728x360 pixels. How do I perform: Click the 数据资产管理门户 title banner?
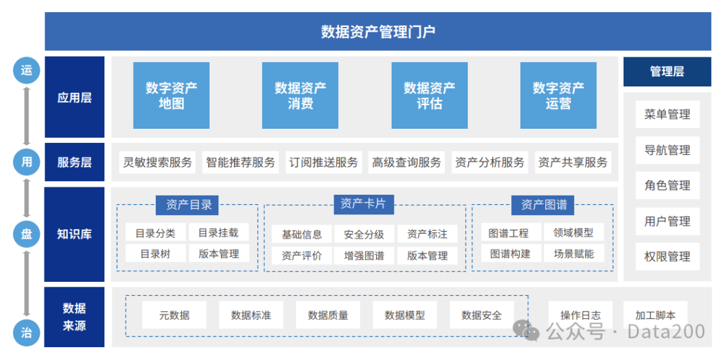coord(377,32)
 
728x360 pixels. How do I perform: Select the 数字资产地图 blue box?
coord(171,96)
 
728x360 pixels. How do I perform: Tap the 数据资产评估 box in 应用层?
coord(429,96)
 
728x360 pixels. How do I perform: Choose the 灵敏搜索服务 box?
coord(157,162)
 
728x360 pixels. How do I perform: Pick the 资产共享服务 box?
coord(572,162)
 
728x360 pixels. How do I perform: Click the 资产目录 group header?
coord(188,205)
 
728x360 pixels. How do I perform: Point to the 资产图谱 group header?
coord(543,205)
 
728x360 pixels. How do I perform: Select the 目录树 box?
coord(155,254)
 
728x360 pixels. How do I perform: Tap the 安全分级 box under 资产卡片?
coord(363,234)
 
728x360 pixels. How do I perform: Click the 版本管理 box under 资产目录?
coord(218,254)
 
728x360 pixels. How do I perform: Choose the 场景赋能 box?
coord(574,254)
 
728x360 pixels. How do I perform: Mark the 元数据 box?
coord(175,315)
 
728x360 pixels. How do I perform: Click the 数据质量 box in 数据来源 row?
coord(328,315)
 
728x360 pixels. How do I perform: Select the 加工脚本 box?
coord(655,315)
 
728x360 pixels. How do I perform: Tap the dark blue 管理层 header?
coord(667,71)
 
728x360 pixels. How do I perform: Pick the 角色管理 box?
coord(667,185)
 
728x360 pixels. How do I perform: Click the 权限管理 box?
coord(667,257)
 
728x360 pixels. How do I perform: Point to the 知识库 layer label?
coord(74,235)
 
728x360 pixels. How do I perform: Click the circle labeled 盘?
coord(26,234)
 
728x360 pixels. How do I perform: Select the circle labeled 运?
coord(26,70)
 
